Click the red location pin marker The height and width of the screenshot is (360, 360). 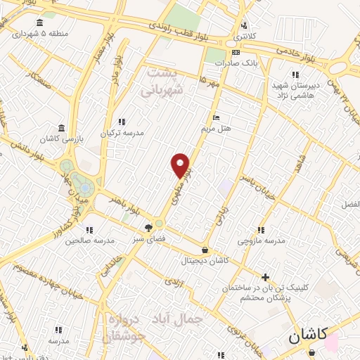(x=181, y=165)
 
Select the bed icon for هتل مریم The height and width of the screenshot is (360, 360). (x=216, y=117)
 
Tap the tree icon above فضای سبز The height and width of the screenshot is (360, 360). (x=148, y=227)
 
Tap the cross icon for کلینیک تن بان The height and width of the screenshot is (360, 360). (x=265, y=277)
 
